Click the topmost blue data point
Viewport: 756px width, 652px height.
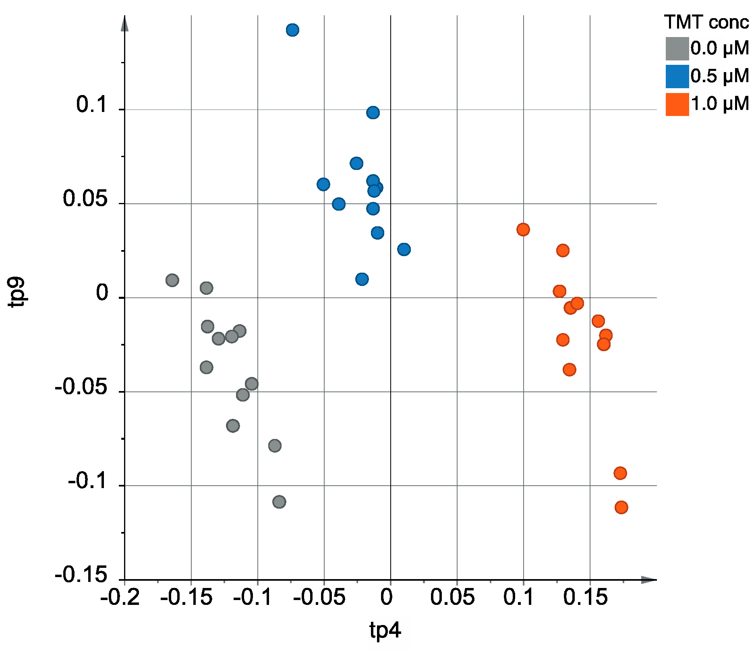(292, 30)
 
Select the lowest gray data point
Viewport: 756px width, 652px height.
(279, 502)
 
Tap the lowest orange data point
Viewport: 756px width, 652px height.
(621, 507)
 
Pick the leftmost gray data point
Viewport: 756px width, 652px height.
(172, 280)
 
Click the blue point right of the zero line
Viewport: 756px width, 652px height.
(404, 249)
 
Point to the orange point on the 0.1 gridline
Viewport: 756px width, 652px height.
(523, 230)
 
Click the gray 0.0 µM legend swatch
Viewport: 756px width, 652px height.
(677, 49)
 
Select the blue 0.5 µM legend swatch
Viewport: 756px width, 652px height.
(677, 77)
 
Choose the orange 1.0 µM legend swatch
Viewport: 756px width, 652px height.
(677, 104)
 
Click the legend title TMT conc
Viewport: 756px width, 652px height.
(706, 22)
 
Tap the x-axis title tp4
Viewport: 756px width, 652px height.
(385, 630)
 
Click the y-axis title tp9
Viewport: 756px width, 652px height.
(18, 292)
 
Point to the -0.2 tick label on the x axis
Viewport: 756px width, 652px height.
(120, 597)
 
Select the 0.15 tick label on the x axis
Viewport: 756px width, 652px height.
(585, 597)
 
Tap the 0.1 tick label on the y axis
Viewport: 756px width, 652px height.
(92, 105)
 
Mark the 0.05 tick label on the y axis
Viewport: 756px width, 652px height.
(86, 199)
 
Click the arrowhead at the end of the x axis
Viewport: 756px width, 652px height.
(648, 580)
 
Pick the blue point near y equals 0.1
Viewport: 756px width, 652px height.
(373, 112)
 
